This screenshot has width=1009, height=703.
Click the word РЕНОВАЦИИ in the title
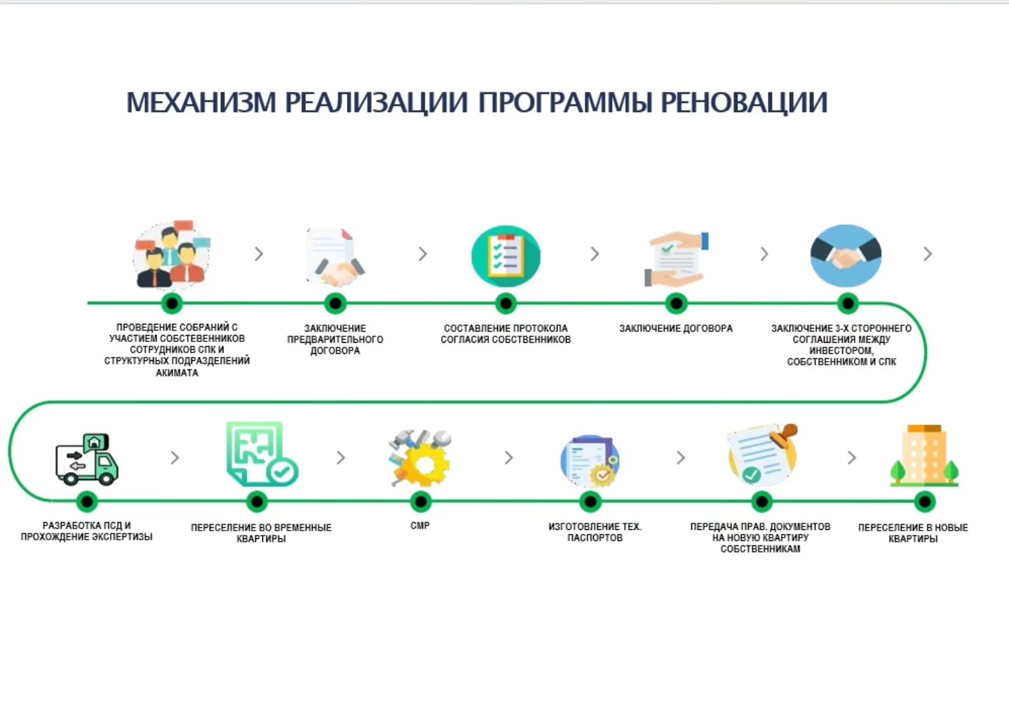(x=744, y=102)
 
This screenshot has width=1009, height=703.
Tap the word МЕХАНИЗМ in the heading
(x=201, y=102)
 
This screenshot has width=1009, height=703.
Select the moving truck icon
(x=87, y=459)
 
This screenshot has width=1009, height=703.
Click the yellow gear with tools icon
(x=420, y=458)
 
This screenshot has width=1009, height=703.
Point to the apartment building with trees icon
(x=924, y=456)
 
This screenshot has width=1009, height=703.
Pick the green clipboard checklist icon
(x=506, y=257)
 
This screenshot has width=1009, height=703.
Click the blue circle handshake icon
(x=846, y=256)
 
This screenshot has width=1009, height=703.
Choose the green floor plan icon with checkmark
(x=262, y=454)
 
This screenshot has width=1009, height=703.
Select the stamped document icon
(x=763, y=454)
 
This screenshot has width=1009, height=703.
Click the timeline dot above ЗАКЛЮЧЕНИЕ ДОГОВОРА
(x=676, y=303)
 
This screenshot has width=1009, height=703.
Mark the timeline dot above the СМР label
(x=421, y=501)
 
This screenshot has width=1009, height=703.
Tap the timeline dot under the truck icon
(x=87, y=501)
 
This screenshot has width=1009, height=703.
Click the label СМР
(x=420, y=526)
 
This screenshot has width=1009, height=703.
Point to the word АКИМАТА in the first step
(x=177, y=373)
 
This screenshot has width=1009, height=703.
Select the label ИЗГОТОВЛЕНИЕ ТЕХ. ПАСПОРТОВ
(x=595, y=532)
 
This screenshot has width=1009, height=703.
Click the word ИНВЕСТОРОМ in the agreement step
(x=841, y=350)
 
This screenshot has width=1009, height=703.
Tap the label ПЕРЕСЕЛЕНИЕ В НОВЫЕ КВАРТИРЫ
(x=913, y=533)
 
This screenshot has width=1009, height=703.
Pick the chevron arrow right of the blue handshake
(x=928, y=254)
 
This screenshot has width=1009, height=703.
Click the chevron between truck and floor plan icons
(x=175, y=458)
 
